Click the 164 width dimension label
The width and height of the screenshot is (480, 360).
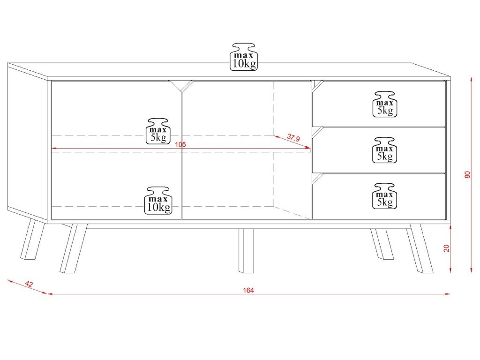pos(248,291)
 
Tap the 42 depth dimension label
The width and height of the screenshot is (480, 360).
pos(29,284)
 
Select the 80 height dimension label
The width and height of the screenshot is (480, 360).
pos(467,174)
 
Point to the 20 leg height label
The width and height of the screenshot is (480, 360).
pos(447,248)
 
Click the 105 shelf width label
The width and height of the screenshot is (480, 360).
pos(180,145)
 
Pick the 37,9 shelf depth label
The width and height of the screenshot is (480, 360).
pos(293,138)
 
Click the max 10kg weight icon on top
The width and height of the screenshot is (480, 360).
pos(244,57)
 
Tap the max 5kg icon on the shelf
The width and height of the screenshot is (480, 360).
pos(158,131)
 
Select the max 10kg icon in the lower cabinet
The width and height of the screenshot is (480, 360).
pos(158,200)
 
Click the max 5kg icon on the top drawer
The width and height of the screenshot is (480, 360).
pos(384,104)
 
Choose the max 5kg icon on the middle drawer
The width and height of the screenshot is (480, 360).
pos(384,150)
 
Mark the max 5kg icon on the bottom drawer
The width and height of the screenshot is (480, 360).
pos(384,195)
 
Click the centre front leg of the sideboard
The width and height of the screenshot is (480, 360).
pos(246,250)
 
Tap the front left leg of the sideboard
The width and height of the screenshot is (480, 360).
pos(73,248)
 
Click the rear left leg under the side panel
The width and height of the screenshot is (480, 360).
pos(32,239)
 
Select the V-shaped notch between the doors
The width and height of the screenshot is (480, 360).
pos(181,85)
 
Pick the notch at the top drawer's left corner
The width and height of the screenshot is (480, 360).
pos(317,85)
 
